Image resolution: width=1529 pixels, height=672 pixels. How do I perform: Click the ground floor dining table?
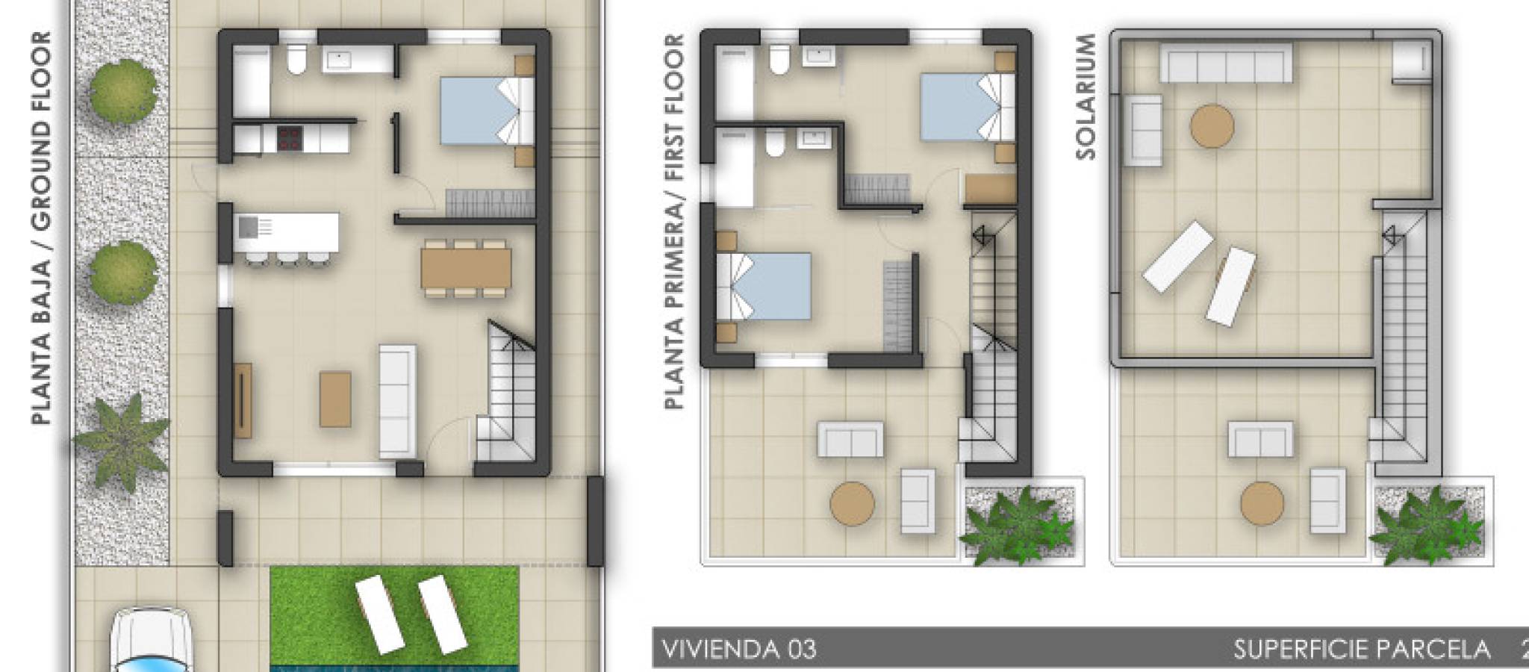point(466,269)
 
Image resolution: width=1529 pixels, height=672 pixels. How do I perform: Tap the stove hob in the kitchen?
point(288,137)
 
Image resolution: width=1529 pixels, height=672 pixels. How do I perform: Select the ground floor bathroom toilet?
point(296,60)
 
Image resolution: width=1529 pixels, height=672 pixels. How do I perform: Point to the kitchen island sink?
point(248,225)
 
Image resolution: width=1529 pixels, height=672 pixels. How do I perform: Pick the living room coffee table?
point(335,399)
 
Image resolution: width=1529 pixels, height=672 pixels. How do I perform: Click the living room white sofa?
point(397,400)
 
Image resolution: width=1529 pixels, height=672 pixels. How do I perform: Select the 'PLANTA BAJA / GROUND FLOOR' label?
point(41,228)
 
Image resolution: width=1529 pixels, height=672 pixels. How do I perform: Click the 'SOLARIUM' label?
point(1086,96)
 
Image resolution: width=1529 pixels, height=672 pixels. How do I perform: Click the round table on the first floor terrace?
point(853,503)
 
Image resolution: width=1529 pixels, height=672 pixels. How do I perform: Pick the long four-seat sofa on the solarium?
point(1226,62)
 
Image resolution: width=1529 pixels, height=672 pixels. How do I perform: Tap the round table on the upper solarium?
point(1212,126)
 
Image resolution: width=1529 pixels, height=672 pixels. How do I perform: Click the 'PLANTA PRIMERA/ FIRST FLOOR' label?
point(674,222)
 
